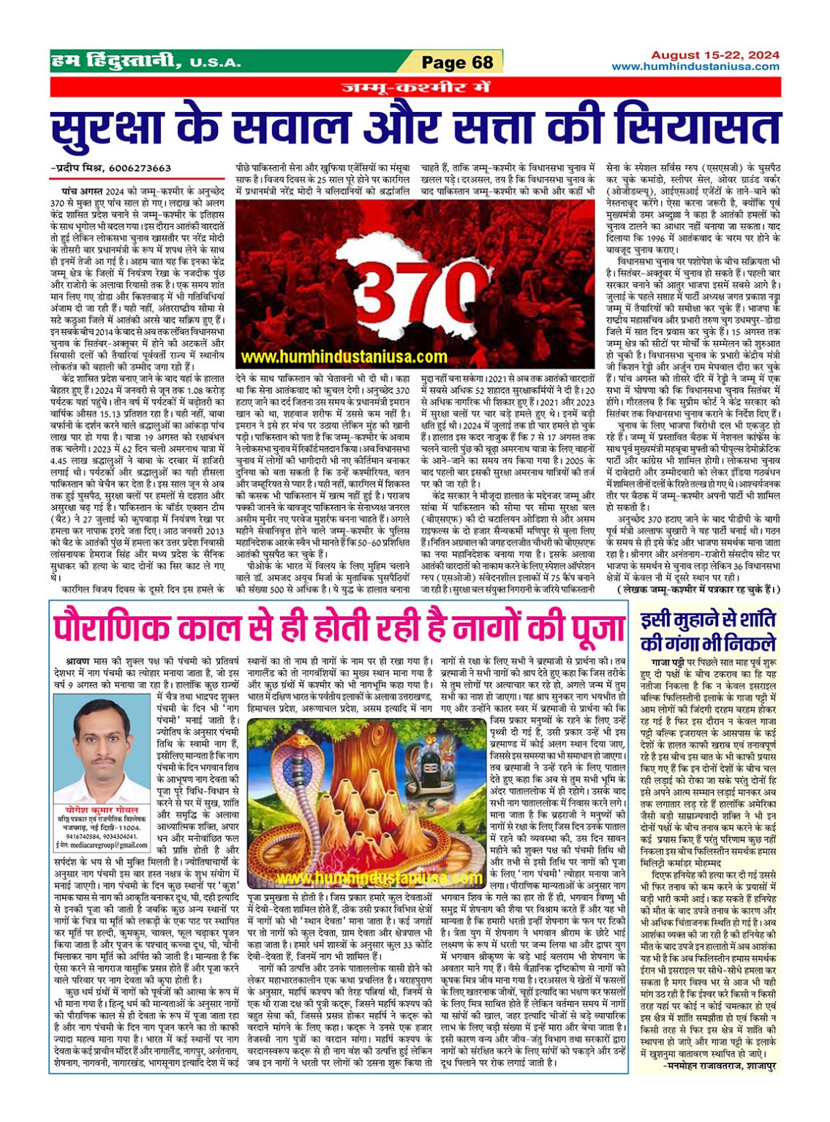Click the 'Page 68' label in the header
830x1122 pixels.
[458, 62]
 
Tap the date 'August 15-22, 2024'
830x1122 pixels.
[714, 55]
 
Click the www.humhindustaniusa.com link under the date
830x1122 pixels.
[695, 67]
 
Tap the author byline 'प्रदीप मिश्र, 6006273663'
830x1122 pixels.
[112, 168]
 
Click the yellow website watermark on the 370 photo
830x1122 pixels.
[344, 357]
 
